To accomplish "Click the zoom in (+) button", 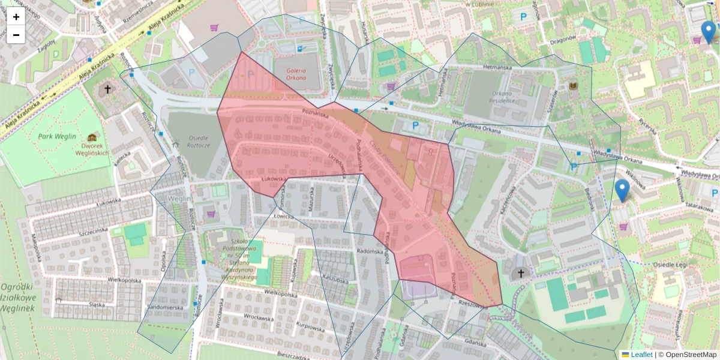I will (x=16, y=17).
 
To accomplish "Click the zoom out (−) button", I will (x=16, y=35).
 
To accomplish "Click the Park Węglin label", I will (x=57, y=136).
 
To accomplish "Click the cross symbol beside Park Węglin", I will (x=107, y=89).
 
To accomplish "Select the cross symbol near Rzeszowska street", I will (x=521, y=274).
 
